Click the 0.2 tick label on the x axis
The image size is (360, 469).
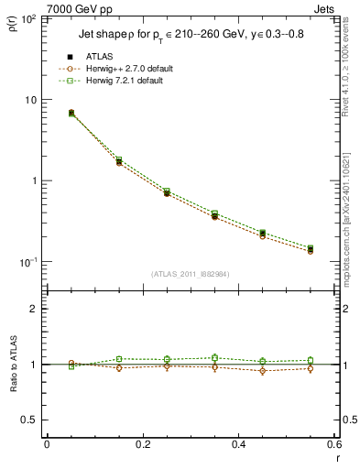pyautogui.click(x=142, y=444)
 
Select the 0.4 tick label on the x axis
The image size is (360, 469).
pyautogui.click(x=237, y=444)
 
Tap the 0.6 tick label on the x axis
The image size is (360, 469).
pyautogui.click(x=332, y=444)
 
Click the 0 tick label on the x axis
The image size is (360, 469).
pyautogui.click(x=47, y=444)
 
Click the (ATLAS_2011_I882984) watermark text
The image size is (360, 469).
pyautogui.click(x=191, y=273)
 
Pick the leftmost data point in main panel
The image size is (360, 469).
pyautogui.click(x=71, y=113)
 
